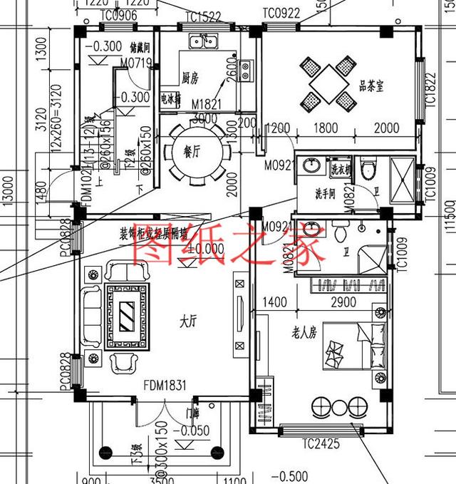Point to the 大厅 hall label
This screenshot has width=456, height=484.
coord(188,322)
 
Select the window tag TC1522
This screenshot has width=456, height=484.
coord(202,16)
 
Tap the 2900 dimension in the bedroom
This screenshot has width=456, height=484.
coord(343,304)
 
